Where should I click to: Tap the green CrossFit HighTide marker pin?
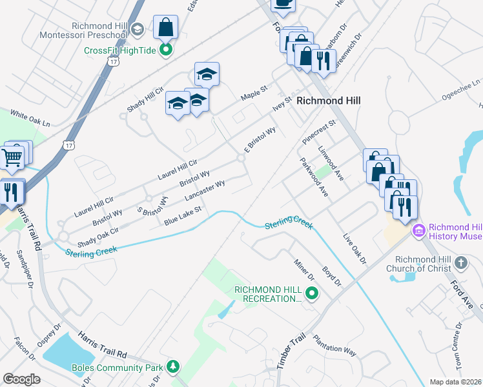pyautogui.click(x=166, y=49)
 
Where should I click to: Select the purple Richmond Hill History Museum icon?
pyautogui.click(x=419, y=230)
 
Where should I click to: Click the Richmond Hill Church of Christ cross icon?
pyautogui.click(x=460, y=263)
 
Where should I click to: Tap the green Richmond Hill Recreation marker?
pyautogui.click(x=313, y=294)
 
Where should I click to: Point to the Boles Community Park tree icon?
pyautogui.click(x=172, y=368)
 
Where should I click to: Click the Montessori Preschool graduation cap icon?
pyautogui.click(x=137, y=29)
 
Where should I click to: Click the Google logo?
pyautogui.click(x=22, y=379)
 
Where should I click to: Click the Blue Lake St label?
pyautogui.click(x=183, y=215)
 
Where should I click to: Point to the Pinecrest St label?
pyautogui.click(x=320, y=132)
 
